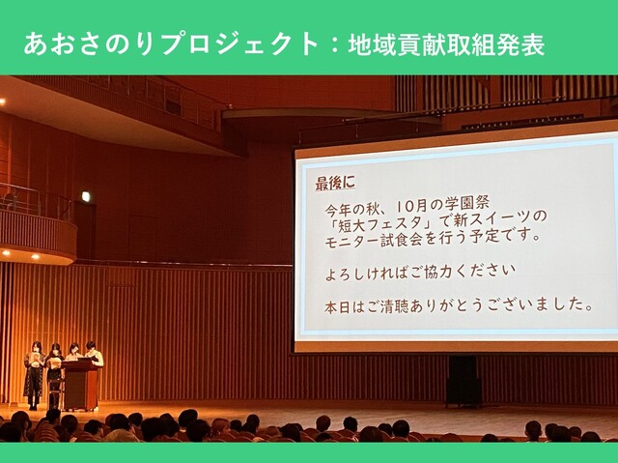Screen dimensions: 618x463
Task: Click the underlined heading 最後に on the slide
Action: click(x=335, y=184)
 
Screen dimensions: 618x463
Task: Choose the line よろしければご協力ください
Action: click(x=421, y=273)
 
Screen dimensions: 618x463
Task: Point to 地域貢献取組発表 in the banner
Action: click(x=446, y=44)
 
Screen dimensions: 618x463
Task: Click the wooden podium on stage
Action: click(x=81, y=385)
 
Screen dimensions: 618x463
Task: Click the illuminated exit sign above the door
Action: click(x=86, y=196)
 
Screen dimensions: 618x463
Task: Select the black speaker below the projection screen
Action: click(x=463, y=381)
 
